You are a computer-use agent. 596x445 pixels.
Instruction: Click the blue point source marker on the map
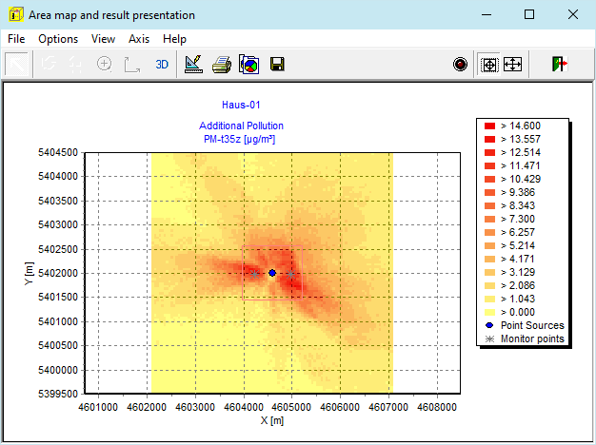point(272,273)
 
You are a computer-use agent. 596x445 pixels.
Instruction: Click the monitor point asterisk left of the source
point(255,274)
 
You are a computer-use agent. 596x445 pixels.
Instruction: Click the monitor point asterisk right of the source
point(290,274)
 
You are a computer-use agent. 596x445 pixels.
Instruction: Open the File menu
point(16,39)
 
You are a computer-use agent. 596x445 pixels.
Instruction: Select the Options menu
point(58,39)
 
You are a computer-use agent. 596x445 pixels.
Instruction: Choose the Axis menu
point(139,39)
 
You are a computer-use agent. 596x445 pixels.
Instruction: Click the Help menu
point(174,39)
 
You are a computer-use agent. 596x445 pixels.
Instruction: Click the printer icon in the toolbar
point(222,64)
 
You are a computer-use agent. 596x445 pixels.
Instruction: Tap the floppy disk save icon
point(277,64)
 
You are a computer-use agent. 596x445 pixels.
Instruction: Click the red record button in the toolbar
point(460,64)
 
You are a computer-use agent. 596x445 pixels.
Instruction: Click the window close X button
point(573,15)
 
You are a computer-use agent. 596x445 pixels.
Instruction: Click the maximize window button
point(529,14)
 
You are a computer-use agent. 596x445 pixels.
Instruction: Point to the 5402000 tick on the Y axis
point(58,273)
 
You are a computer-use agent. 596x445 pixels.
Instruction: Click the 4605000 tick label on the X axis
point(291,407)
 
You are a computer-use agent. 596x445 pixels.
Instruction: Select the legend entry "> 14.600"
point(512,126)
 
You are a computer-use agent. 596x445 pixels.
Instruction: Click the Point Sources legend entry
point(525,325)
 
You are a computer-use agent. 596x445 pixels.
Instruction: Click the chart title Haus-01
point(241,105)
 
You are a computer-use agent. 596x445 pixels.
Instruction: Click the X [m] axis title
point(272,420)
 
